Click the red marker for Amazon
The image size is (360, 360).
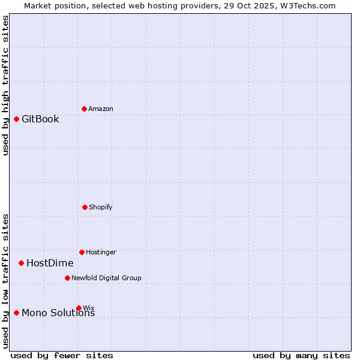click(84, 109)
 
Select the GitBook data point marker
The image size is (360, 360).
click(16, 119)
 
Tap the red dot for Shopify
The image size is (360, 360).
click(85, 207)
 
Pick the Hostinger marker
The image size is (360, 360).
click(82, 252)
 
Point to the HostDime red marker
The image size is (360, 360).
click(21, 263)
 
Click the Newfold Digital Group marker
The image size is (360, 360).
click(67, 278)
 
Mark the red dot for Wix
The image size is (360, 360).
click(79, 308)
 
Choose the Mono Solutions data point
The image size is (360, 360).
click(16, 313)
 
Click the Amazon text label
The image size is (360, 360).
click(101, 109)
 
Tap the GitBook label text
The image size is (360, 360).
click(40, 119)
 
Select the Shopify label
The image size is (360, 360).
click(101, 207)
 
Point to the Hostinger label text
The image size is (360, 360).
click(101, 252)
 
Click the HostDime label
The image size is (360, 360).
click(50, 263)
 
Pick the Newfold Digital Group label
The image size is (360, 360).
click(106, 278)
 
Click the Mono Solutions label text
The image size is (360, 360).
click(58, 313)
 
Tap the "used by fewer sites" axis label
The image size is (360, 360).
click(62, 355)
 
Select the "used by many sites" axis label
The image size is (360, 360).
click(301, 355)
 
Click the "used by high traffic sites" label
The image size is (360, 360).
click(6, 85)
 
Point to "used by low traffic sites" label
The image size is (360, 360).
click(6, 280)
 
